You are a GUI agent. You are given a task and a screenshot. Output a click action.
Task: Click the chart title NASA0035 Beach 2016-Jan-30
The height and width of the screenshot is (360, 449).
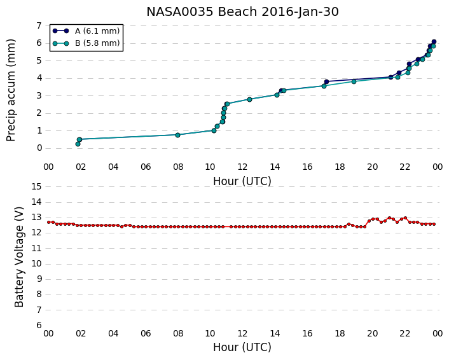pyautogui.click(x=242, y=11)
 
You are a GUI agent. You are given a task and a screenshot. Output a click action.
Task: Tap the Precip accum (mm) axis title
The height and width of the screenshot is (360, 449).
pyautogui.click(x=11, y=90)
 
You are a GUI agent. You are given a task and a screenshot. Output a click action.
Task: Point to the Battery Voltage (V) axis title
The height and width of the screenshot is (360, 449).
pyautogui.click(x=19, y=256)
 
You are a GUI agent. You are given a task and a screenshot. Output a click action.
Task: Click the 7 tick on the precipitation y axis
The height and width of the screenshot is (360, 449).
pyautogui.click(x=39, y=25)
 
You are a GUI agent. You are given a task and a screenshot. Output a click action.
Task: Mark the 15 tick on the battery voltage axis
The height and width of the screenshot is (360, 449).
pyautogui.click(x=36, y=186)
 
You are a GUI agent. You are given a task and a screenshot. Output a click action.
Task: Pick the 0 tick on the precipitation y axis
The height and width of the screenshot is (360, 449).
pyautogui.click(x=39, y=148)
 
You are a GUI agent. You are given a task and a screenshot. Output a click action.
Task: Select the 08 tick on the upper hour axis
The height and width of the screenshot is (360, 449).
pyautogui.click(x=178, y=167)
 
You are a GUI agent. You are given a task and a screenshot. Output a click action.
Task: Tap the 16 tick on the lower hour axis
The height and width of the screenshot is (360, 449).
pyautogui.click(x=307, y=333)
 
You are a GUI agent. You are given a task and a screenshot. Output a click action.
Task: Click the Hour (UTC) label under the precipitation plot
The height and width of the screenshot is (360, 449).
pyautogui.click(x=242, y=181)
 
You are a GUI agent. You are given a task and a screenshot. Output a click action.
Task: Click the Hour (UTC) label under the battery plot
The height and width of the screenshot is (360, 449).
pyautogui.click(x=242, y=347)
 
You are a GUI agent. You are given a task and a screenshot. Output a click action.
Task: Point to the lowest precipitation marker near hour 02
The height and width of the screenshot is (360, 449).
pyautogui.click(x=78, y=144)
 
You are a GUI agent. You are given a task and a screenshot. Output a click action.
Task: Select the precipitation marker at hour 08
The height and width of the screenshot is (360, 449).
pyautogui.click(x=177, y=135)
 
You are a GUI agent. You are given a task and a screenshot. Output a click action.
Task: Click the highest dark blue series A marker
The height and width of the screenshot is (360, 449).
pyautogui.click(x=434, y=42)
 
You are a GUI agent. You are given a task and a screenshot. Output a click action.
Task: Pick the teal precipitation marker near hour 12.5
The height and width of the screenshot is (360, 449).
pyautogui.click(x=249, y=99)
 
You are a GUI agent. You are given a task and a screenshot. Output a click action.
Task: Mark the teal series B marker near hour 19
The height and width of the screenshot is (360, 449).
pyautogui.click(x=354, y=81)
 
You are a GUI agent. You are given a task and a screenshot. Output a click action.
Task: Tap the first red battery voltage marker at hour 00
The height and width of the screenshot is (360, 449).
pyautogui.click(x=49, y=222)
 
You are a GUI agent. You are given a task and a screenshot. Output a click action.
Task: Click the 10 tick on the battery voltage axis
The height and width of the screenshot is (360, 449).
pyautogui.click(x=36, y=264)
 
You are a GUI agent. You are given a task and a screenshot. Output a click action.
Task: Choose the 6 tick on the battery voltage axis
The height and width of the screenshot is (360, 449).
pyautogui.click(x=39, y=326)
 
